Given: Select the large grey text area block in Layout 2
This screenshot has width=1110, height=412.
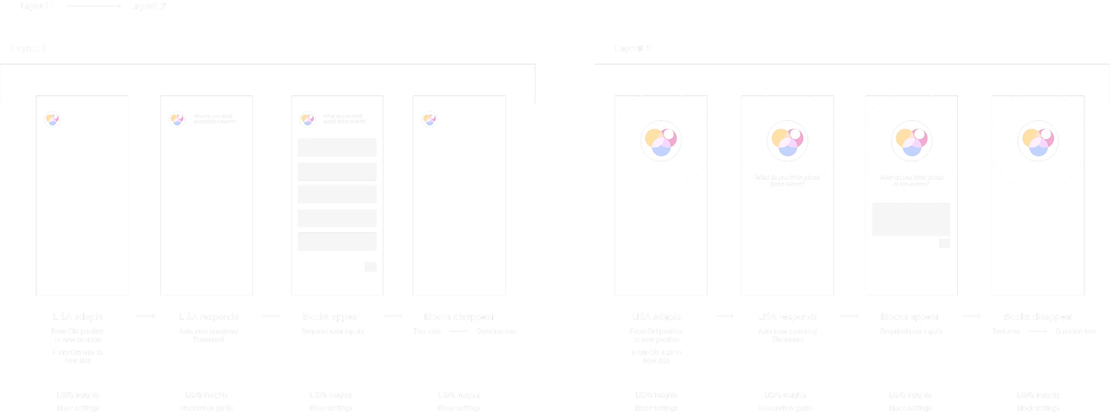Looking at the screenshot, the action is tap(911, 219).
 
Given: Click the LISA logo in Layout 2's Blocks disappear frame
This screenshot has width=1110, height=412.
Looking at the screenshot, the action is tap(1038, 141).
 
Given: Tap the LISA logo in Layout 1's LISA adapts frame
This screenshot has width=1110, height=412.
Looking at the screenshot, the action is tap(53, 119).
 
